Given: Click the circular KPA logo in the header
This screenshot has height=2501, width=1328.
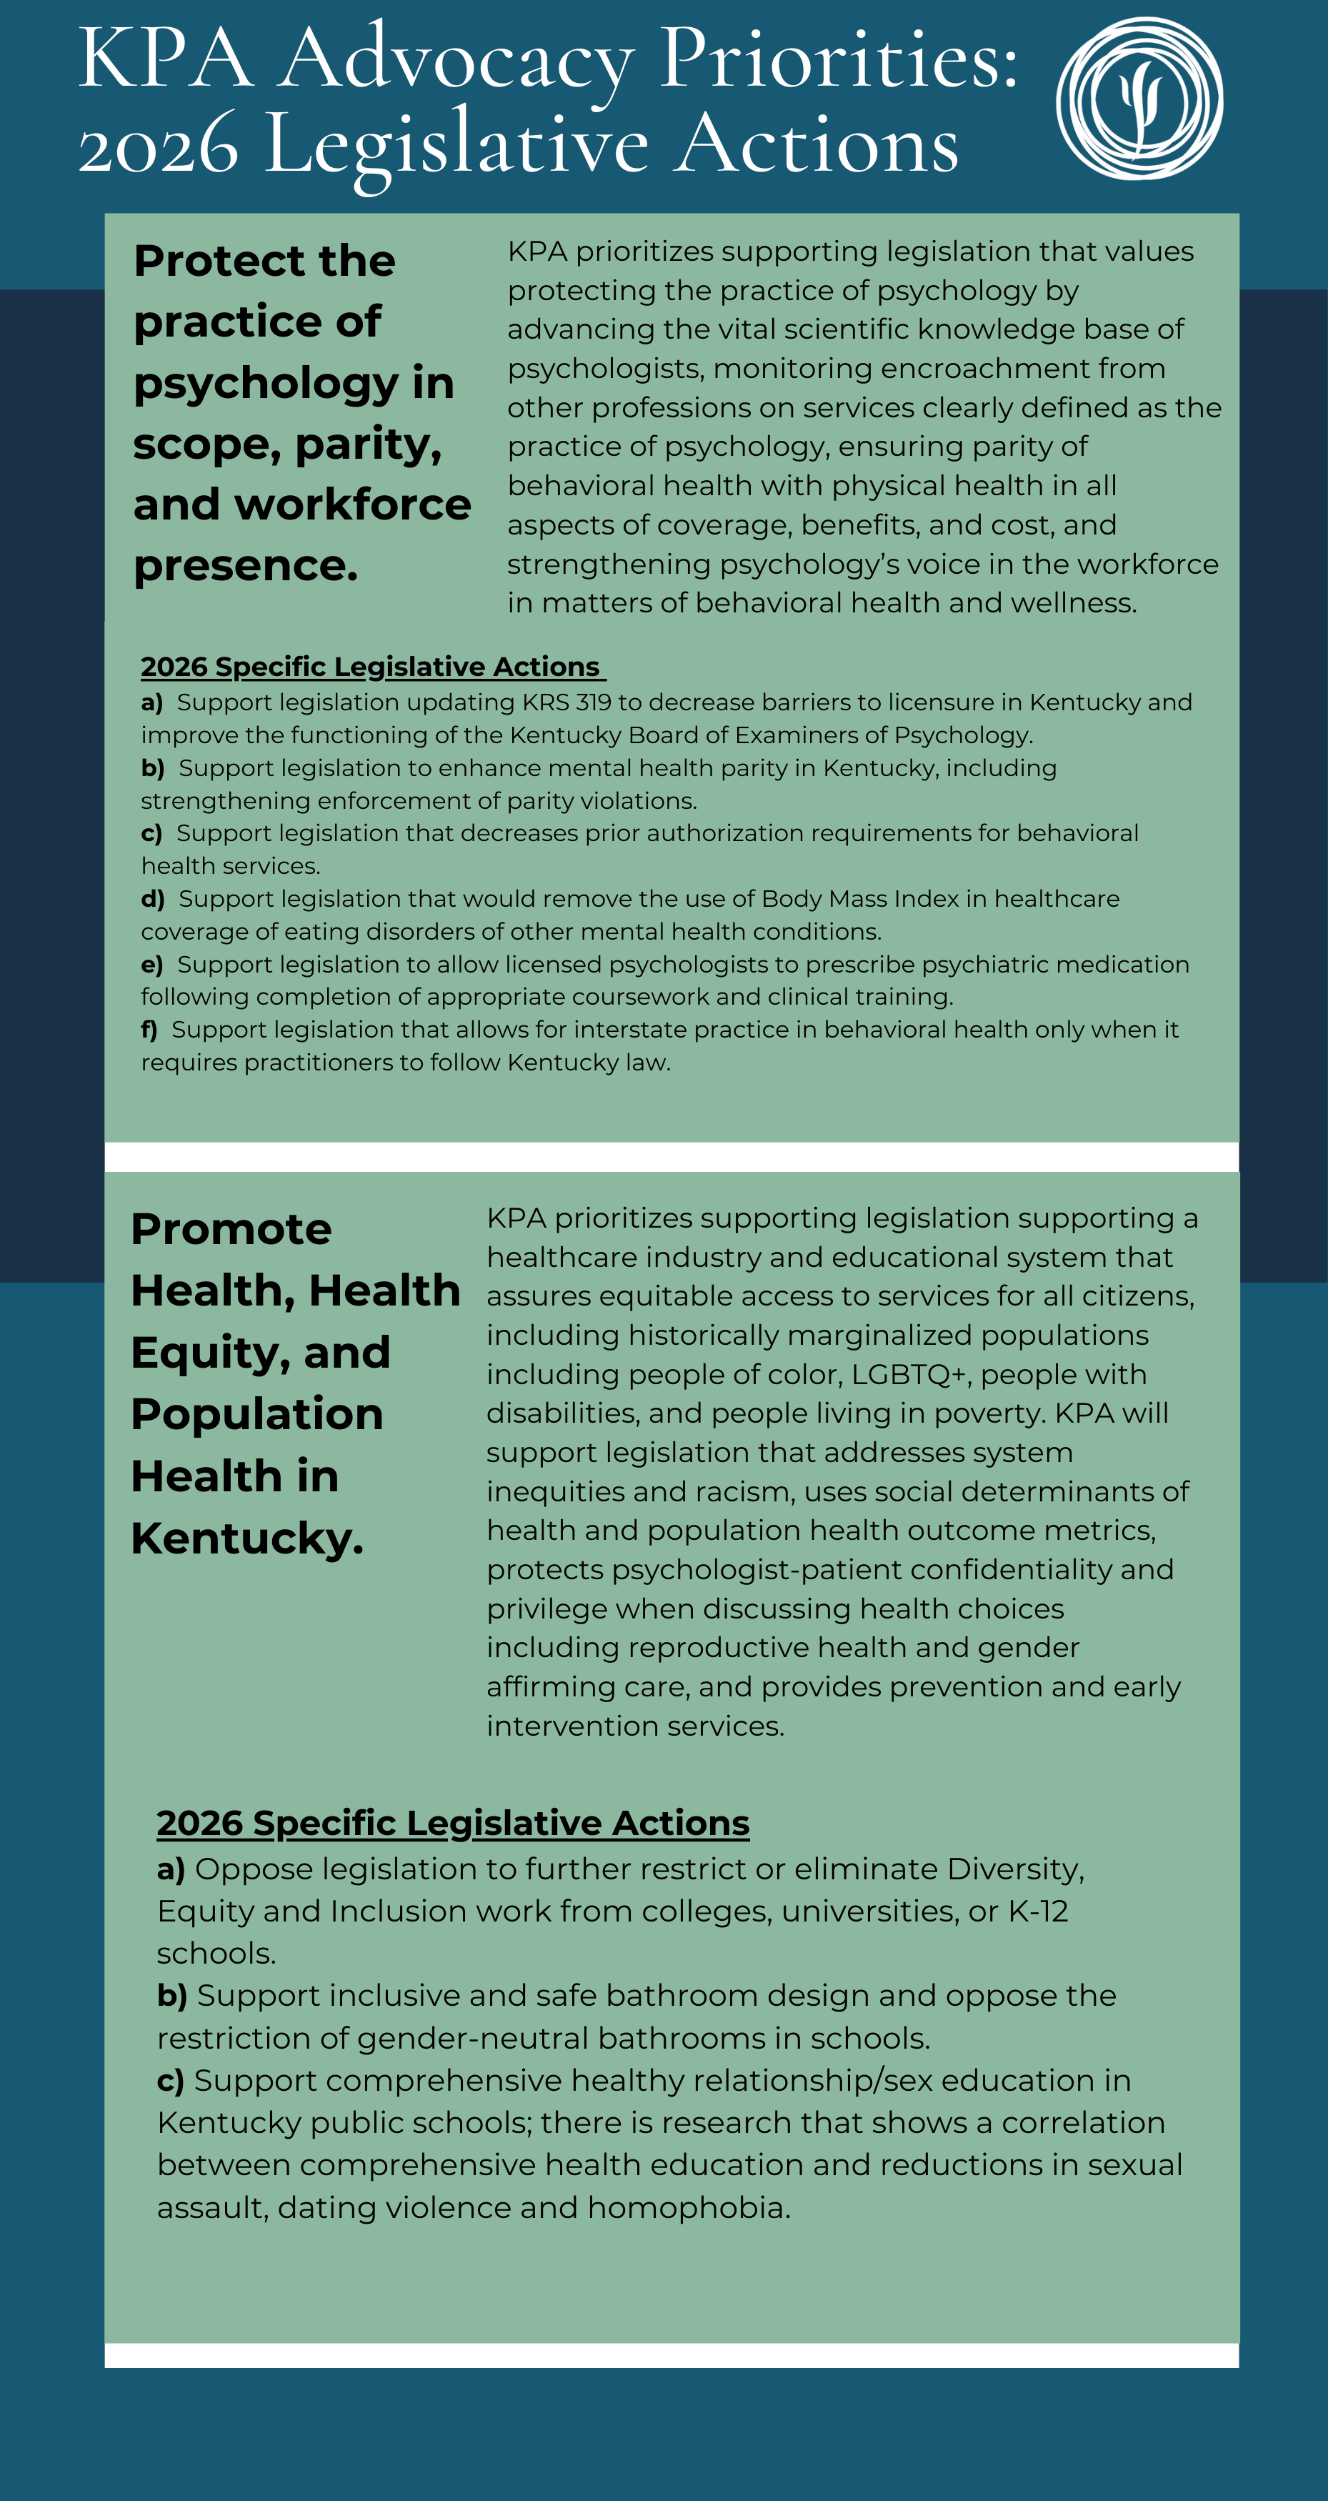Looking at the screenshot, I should point(1139,98).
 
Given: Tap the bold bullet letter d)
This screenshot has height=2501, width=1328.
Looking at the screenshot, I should point(152,899).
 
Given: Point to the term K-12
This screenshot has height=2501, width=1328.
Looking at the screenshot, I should point(1038,1911).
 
